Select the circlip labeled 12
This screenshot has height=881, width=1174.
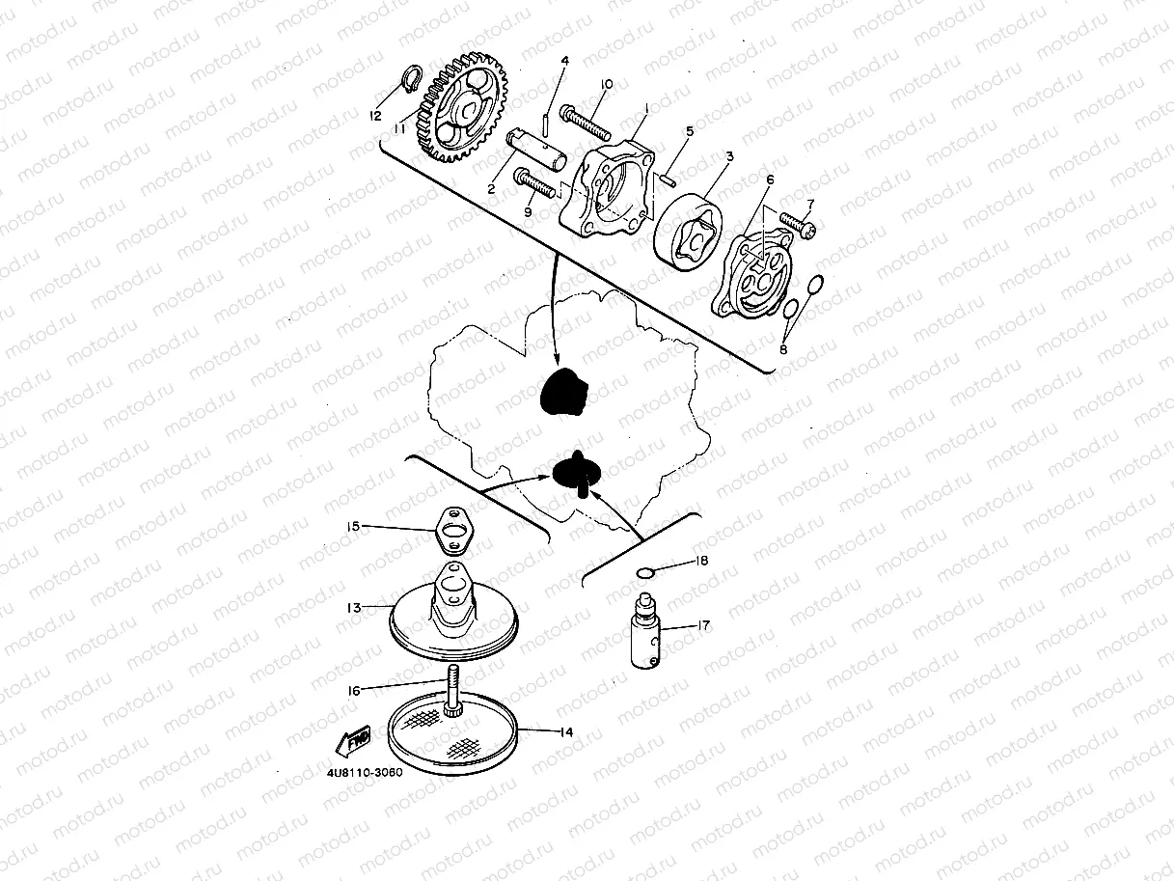point(412,78)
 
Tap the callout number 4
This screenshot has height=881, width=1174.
point(564,61)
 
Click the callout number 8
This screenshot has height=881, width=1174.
point(783,349)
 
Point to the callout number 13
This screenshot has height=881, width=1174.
point(354,608)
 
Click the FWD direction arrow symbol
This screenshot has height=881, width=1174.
point(352,741)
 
